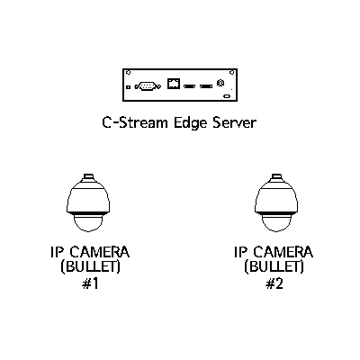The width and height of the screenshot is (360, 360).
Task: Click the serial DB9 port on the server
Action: click(x=148, y=86)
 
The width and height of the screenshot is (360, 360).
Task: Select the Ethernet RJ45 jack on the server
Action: click(x=174, y=84)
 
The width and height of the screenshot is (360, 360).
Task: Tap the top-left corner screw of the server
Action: click(x=128, y=72)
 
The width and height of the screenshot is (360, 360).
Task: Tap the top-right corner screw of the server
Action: click(x=231, y=72)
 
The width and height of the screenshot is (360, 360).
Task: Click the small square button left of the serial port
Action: click(x=128, y=87)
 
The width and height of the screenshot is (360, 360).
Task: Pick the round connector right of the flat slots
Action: click(x=220, y=83)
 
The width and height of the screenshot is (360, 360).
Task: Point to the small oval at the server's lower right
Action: click(x=227, y=96)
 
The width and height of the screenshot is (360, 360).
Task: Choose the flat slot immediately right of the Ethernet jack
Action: click(x=190, y=86)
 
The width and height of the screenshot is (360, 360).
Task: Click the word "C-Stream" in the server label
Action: click(x=134, y=122)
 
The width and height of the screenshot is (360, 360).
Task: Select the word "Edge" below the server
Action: click(x=191, y=123)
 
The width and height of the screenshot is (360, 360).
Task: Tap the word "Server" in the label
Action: click(x=235, y=122)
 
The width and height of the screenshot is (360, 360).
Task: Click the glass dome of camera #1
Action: click(x=88, y=223)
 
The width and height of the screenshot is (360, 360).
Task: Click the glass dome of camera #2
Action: click(x=276, y=223)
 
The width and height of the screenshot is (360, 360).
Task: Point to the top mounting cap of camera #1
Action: click(x=88, y=176)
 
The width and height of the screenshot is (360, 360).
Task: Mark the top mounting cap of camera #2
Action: click(x=276, y=176)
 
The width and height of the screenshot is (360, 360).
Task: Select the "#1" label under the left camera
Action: click(x=90, y=283)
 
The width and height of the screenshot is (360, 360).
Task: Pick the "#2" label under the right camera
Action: click(x=274, y=283)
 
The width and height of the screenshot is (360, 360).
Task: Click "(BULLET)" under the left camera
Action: click(x=90, y=266)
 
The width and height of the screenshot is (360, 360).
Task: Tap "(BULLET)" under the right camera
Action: click(x=274, y=266)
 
